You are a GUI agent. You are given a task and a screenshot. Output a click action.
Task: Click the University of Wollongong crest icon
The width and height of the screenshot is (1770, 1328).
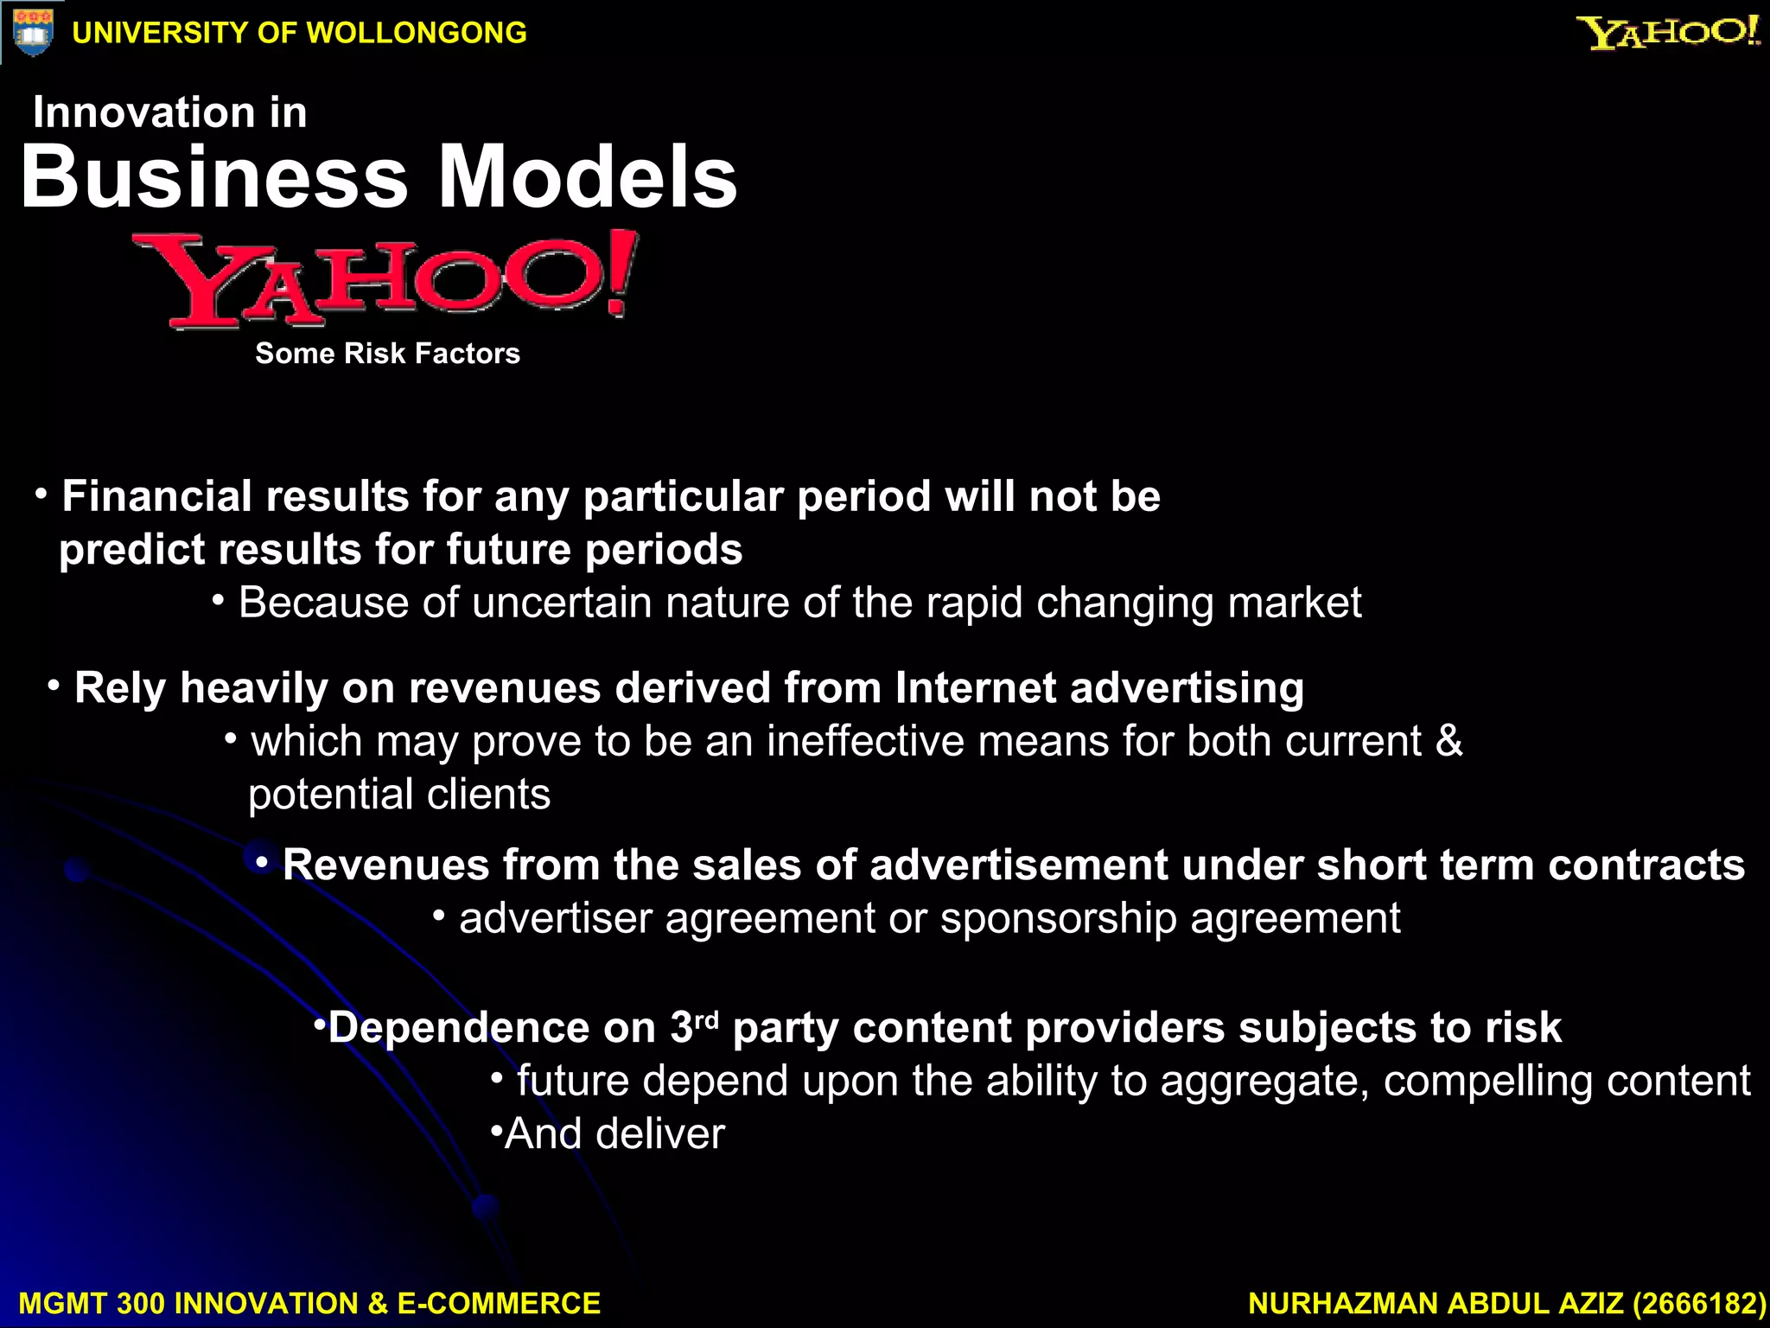tap(33, 32)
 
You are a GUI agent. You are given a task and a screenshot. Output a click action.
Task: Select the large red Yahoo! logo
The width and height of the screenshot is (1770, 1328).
tap(385, 278)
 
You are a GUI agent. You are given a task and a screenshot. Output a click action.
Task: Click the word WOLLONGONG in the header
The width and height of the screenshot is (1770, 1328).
tap(417, 33)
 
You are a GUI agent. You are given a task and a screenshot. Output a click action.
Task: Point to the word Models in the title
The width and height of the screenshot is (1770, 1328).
tap(588, 176)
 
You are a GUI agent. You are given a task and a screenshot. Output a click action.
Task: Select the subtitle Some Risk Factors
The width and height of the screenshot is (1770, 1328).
tap(387, 354)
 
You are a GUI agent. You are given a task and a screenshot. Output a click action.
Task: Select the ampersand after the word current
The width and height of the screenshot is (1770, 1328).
tap(1448, 742)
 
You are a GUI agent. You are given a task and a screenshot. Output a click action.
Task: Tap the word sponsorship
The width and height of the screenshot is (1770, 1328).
tap(1058, 918)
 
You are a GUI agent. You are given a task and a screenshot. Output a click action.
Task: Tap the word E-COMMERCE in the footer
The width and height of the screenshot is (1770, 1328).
tap(499, 1303)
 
